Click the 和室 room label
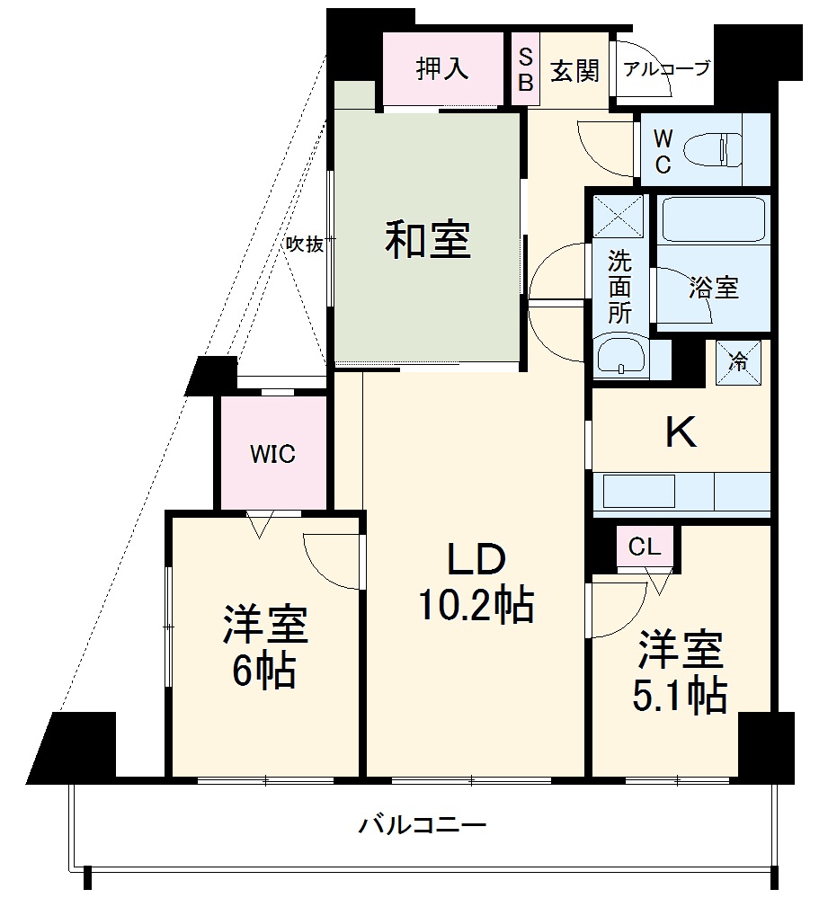point(428,240)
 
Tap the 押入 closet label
point(442,69)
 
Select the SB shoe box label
point(525,69)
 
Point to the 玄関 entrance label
point(574,70)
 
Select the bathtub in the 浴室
point(712,220)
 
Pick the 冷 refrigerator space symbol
point(737,362)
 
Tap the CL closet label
point(645,547)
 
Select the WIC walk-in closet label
point(272,454)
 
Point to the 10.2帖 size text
point(475,606)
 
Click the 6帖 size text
point(265,670)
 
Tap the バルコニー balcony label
point(423,823)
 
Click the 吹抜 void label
point(304,244)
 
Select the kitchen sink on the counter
point(638,492)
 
